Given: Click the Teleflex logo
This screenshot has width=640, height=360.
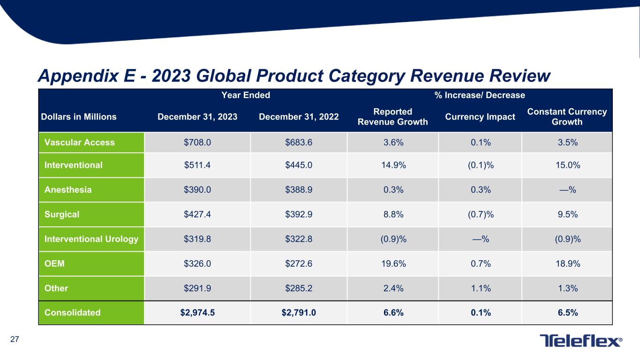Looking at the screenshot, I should [581, 341].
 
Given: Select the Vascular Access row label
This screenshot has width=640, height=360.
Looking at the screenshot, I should [79, 142].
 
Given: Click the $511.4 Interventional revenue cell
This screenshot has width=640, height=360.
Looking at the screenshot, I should [197, 165].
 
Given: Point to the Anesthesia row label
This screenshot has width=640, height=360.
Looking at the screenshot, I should [68, 190].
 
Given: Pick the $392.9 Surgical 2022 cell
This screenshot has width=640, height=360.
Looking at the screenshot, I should [299, 214].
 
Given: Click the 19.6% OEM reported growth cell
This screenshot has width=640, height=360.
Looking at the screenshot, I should [392, 263].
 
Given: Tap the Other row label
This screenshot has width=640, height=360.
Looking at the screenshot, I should [56, 288].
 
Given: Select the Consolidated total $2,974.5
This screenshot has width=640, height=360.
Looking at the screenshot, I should [197, 313].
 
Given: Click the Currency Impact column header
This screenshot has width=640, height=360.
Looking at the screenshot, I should [479, 117].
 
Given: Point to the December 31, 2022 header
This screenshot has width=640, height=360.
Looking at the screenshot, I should [299, 117].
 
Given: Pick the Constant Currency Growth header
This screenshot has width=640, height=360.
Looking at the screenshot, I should [567, 117].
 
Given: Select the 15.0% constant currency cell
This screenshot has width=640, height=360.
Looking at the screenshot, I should [567, 165].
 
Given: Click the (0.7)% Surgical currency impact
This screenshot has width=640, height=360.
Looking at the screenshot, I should [479, 214].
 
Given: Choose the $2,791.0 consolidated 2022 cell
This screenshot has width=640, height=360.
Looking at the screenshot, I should [299, 313].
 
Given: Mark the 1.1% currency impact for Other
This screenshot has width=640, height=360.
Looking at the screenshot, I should [479, 288].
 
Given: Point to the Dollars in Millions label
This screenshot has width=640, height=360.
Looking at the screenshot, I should [80, 117].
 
